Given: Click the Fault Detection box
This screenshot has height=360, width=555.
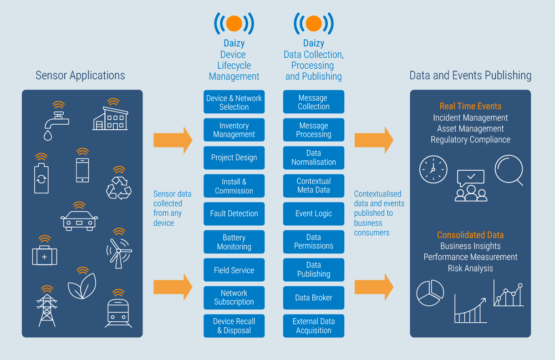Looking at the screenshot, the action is pos(234,213).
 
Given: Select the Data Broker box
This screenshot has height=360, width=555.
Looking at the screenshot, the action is pos(313,298).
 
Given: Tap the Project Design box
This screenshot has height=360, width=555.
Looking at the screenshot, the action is pos(234,158).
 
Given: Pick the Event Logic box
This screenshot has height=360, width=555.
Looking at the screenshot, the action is pos(313,213).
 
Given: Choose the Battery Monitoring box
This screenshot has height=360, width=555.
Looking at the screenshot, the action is pos(234,242).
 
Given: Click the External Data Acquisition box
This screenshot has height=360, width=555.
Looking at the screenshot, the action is pos(313,325).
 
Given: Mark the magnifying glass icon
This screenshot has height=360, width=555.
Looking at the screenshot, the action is pos(509,170).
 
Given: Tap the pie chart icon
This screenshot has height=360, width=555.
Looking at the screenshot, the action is pos(430,293).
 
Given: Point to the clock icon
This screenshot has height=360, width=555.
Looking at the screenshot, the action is pos(433,170).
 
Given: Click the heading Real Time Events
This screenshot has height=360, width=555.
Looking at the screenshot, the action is pos(470,106).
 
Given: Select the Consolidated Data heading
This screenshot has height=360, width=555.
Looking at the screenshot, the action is pos(470,235).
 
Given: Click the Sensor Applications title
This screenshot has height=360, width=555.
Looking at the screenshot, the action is pos(80,75).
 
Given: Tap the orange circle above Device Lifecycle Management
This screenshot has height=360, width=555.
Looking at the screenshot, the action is pos(234,24).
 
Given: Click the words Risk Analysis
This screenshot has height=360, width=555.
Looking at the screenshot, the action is pos(470,268).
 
